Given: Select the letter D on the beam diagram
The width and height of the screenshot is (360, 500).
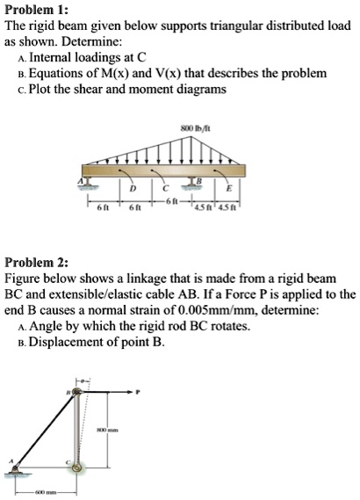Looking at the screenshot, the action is click(x=134, y=191).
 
